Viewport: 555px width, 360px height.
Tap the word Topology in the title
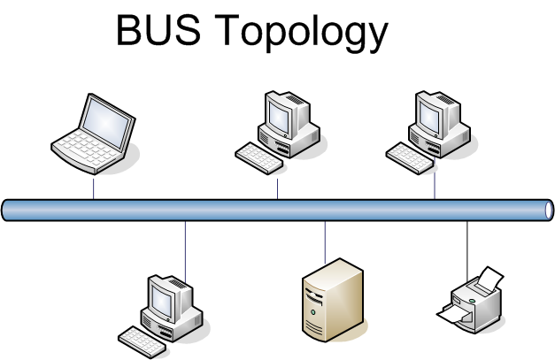point(304,34)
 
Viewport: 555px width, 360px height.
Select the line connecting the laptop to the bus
point(93,188)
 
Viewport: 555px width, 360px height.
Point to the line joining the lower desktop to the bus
point(185,252)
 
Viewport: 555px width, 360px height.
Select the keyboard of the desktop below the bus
point(142,339)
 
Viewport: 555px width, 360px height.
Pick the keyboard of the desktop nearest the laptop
point(258,157)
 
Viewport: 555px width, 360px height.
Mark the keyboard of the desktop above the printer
point(410,157)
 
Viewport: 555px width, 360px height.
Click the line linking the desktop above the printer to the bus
point(435,186)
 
